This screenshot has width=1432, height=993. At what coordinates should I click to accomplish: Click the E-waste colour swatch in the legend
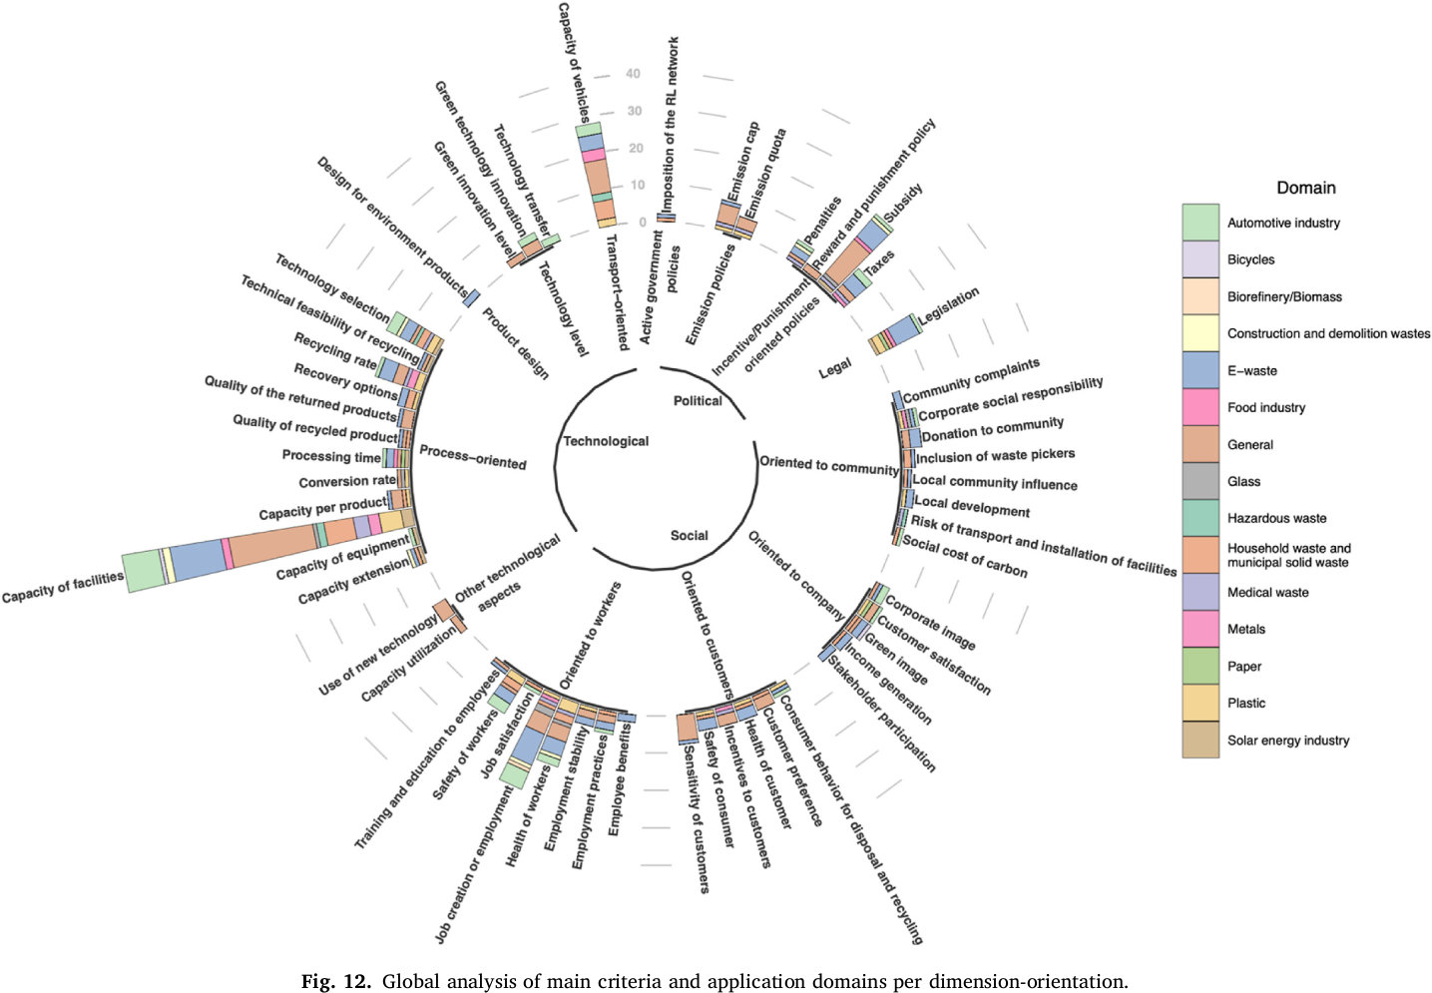1199,370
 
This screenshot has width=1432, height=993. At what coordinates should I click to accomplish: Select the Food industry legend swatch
1199,407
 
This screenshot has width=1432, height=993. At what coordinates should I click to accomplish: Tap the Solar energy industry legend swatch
1199,741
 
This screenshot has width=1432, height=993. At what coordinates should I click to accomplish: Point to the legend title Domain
1305,188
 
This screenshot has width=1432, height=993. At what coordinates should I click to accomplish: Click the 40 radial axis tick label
633,74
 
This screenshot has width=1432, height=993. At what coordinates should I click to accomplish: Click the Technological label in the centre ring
606,441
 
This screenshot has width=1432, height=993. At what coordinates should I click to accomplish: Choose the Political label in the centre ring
698,400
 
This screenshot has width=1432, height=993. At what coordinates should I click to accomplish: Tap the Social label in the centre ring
689,535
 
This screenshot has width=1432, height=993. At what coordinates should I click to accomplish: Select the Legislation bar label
949,305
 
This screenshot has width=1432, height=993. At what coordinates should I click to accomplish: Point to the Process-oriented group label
472,457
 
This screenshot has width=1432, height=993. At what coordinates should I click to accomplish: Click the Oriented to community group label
828,464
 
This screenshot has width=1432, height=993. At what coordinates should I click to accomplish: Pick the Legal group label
835,368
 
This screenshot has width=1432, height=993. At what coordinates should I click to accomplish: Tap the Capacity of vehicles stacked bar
596,176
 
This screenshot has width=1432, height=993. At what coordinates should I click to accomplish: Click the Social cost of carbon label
964,557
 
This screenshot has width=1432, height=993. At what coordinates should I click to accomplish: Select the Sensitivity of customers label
696,817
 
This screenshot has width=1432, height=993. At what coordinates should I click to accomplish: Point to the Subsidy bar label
903,203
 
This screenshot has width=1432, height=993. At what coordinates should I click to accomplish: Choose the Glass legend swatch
1199,481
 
